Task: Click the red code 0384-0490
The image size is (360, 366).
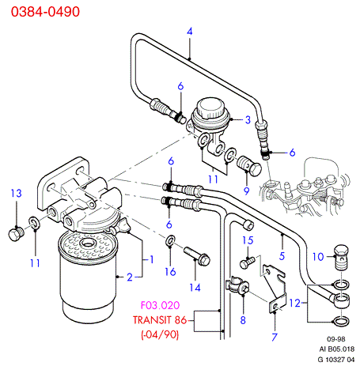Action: pos(45,12)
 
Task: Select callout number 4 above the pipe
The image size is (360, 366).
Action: pos(190,32)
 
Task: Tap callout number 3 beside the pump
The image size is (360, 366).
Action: pos(248,120)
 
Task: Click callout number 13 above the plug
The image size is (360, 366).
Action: pos(16,194)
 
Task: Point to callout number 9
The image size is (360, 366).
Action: pos(246,191)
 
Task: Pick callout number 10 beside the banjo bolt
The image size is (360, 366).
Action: pos(318,257)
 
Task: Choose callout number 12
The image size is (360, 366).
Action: pos(295,303)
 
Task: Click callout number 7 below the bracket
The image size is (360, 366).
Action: pos(275,337)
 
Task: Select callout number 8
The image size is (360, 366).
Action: pos(243,320)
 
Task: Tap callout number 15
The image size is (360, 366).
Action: pos(248,240)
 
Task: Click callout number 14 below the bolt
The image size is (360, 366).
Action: pos(195,288)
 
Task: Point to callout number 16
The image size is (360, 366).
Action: pos(170,272)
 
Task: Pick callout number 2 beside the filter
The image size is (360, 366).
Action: pos(130,277)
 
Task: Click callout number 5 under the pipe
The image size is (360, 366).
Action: pos(282,256)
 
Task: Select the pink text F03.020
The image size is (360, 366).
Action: pos(160,305)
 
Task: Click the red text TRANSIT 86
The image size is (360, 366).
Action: pos(160,320)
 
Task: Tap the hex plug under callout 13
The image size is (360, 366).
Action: pos(17,234)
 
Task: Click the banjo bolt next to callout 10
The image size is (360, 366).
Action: pos(341,257)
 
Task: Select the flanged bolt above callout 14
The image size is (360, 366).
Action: pos(197,256)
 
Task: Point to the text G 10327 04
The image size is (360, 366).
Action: pos(336,360)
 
